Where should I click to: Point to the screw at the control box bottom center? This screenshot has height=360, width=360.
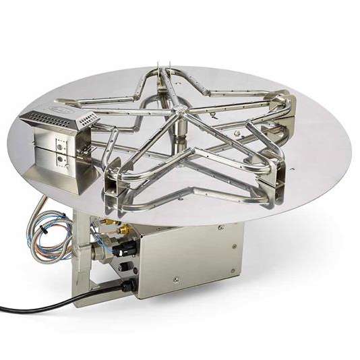176,278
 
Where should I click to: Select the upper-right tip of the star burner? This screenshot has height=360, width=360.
287,101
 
